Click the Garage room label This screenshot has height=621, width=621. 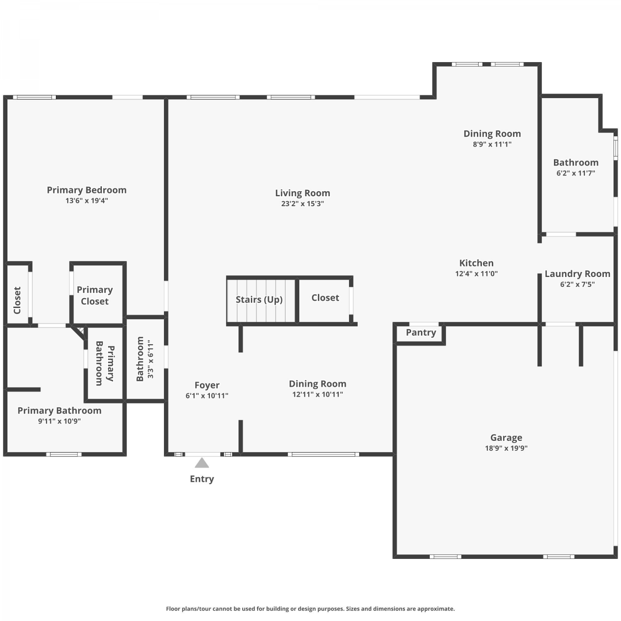(x=506, y=438)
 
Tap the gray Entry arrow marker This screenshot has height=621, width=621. (x=202, y=463)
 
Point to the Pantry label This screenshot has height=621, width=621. (x=421, y=332)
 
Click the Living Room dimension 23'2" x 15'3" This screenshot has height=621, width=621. (x=303, y=204)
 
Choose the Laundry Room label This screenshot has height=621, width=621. (x=578, y=274)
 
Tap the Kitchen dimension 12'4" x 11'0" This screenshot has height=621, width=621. (x=477, y=274)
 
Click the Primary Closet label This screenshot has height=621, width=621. (x=95, y=296)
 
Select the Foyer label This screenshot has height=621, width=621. (x=207, y=385)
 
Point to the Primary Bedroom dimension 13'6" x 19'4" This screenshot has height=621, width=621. (x=87, y=201)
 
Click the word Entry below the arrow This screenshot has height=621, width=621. (x=202, y=479)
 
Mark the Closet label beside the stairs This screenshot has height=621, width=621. (x=325, y=298)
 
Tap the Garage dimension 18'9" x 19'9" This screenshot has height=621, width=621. (x=506, y=448)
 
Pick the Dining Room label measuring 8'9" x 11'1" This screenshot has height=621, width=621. (x=492, y=134)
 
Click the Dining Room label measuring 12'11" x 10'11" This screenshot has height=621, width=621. (x=318, y=384)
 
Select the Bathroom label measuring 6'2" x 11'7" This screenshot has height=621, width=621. (x=576, y=163)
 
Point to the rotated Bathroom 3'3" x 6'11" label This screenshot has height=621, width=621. (x=145, y=359)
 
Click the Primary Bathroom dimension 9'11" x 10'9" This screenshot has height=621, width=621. (x=59, y=421)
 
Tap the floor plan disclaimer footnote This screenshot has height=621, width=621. (x=310, y=609)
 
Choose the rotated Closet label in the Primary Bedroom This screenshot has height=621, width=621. (x=17, y=300)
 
